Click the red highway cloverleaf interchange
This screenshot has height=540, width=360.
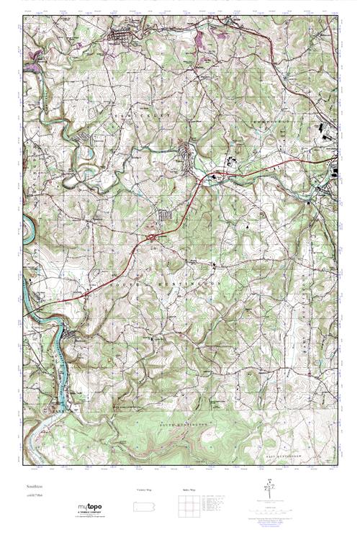coord(154,235)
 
